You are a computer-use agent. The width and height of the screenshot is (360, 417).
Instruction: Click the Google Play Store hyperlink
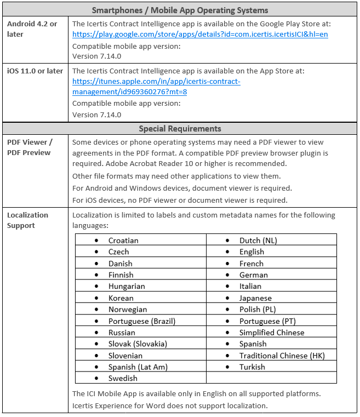[x=200, y=34]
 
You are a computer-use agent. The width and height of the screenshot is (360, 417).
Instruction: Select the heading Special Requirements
[x=180, y=129]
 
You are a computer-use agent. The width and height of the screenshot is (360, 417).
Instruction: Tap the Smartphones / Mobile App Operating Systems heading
[x=180, y=10]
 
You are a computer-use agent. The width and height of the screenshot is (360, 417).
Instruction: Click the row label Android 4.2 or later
[x=32, y=29]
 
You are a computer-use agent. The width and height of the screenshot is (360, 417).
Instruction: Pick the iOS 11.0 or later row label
[x=35, y=71]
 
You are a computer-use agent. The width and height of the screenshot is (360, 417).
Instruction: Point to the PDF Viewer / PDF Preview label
[x=30, y=147]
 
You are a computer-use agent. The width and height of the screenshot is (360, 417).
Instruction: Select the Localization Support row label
[x=28, y=220]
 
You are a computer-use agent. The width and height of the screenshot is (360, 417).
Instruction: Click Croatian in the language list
[x=123, y=241]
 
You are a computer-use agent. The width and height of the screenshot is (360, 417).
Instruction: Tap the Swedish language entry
[x=123, y=378]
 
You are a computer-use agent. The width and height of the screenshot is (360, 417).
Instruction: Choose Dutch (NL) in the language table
[x=258, y=241]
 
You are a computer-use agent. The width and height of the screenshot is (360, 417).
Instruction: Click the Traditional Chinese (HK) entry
[x=282, y=356]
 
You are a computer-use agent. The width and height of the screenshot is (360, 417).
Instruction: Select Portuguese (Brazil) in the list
[x=142, y=321]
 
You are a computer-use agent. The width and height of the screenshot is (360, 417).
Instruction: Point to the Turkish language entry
[x=252, y=367]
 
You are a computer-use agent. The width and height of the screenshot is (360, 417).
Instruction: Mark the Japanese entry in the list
[x=255, y=298]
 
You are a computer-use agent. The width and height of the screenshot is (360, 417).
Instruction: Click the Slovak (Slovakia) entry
[x=138, y=344]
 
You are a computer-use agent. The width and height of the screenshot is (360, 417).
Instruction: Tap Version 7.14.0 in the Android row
[x=97, y=56]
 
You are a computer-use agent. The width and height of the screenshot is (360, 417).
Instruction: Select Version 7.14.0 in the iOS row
[x=97, y=115]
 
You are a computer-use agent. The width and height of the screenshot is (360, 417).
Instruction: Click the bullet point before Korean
[x=96, y=298]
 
